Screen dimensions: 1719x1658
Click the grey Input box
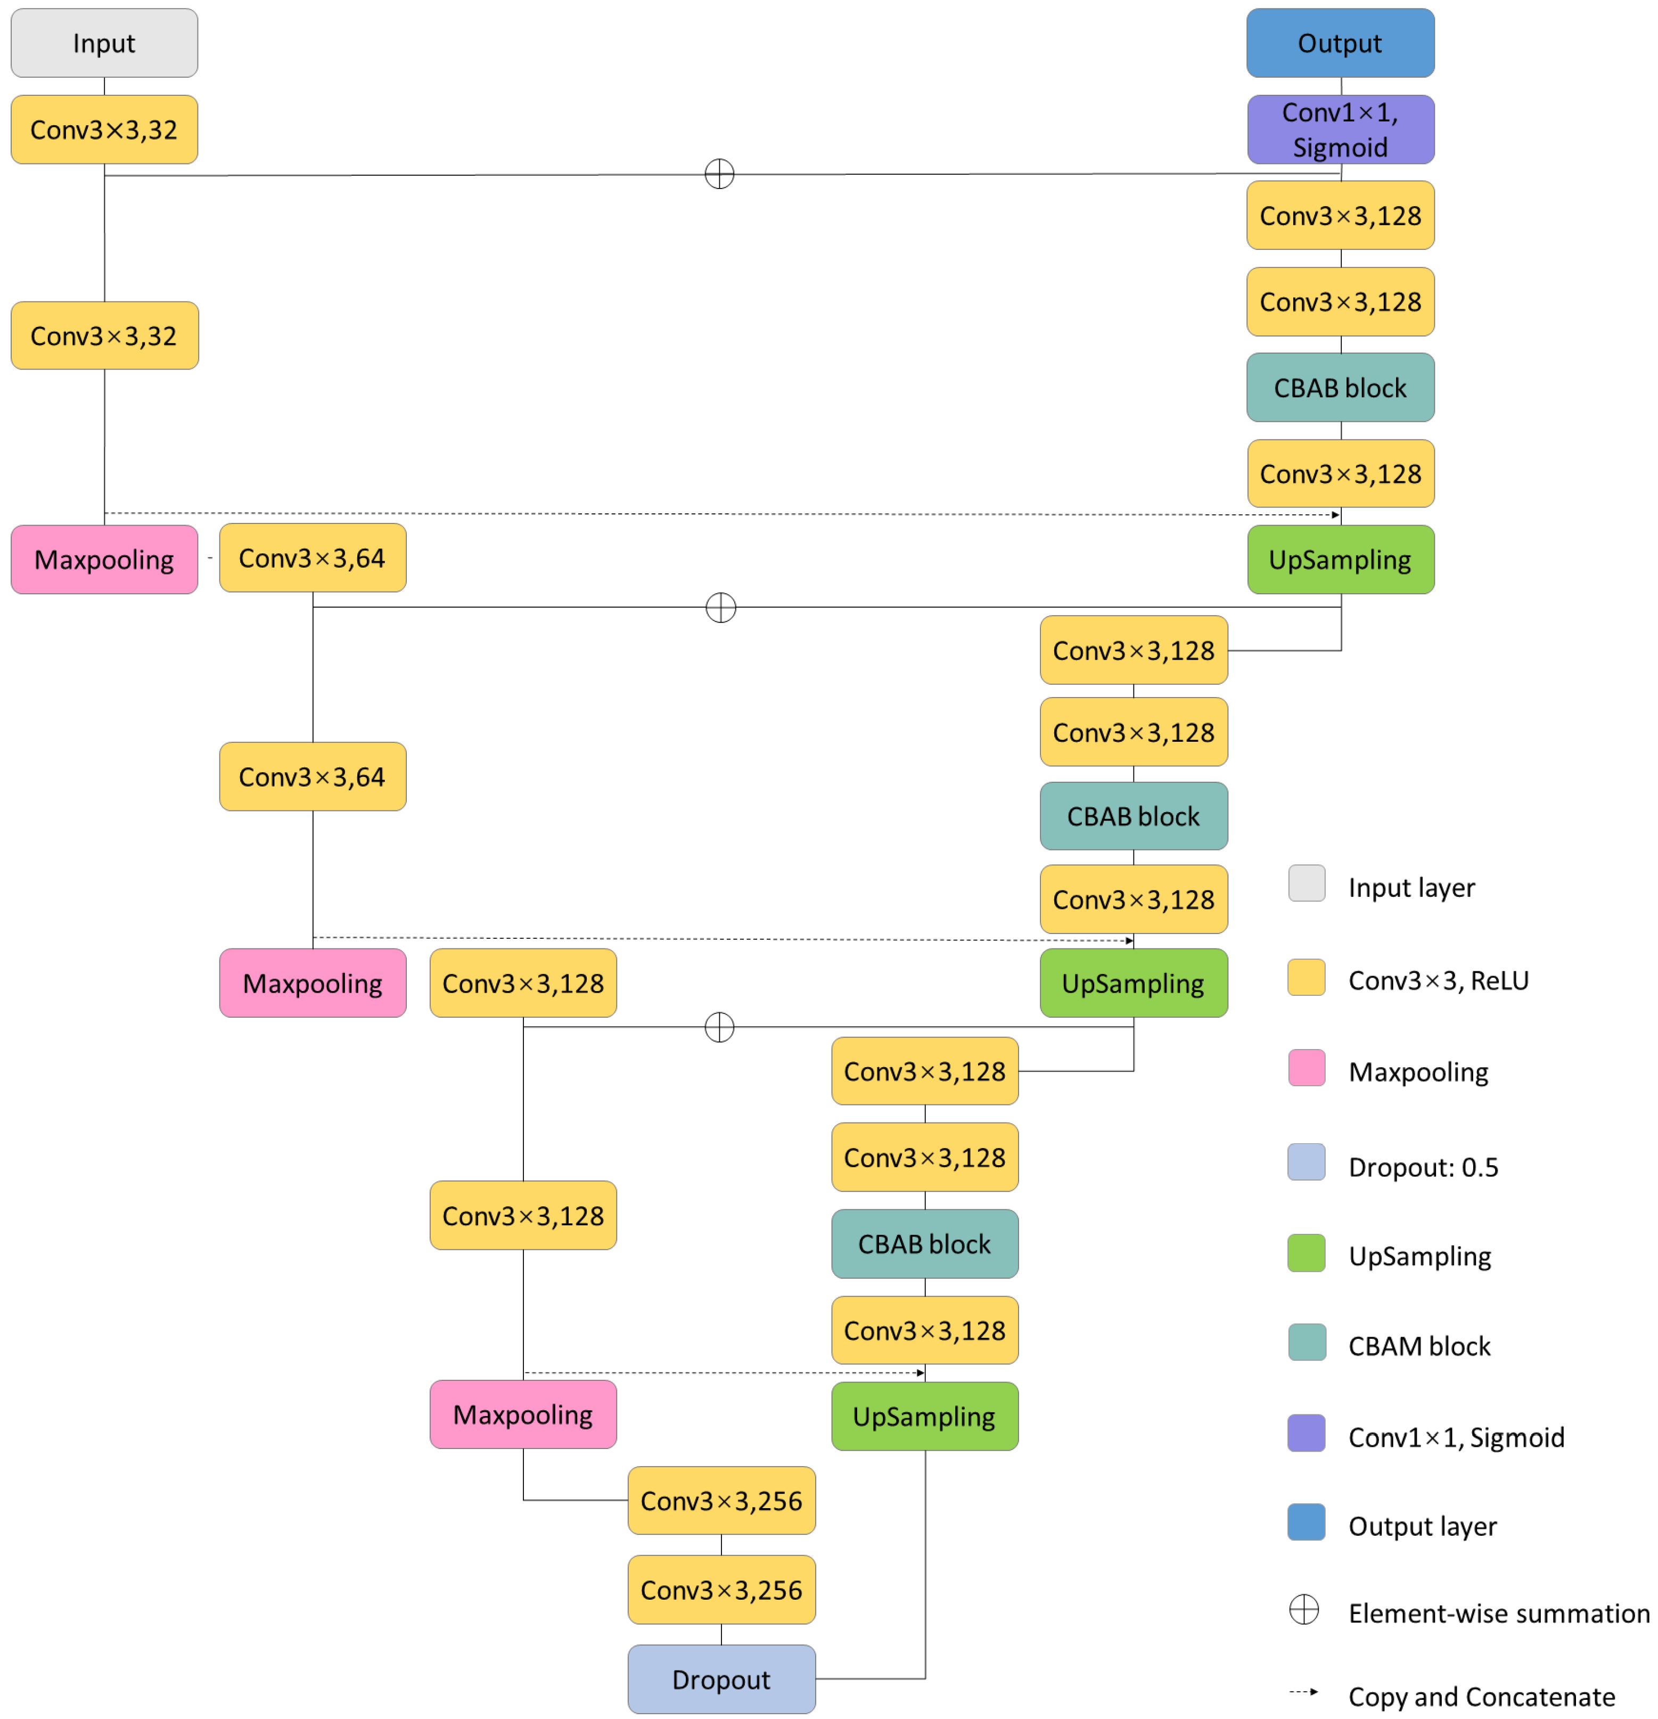[x=104, y=43]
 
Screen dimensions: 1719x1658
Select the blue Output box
[x=1340, y=43]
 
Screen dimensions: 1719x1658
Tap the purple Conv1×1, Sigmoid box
[x=1340, y=130]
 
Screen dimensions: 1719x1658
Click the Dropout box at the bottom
[x=721, y=1679]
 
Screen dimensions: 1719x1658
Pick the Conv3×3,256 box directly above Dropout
[x=721, y=1589]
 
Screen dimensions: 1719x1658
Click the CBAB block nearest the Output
[x=1340, y=388]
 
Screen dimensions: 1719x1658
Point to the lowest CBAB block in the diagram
[x=924, y=1243]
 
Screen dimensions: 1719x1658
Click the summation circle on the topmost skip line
[x=719, y=174]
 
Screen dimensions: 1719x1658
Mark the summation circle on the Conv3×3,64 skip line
[x=720, y=607]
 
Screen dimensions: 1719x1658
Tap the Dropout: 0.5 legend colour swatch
[x=1306, y=1162]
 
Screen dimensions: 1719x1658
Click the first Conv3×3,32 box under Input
[x=104, y=130]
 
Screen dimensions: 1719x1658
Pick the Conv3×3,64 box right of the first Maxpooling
[x=312, y=558]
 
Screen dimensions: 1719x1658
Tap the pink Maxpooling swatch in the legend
[x=1306, y=1067]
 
